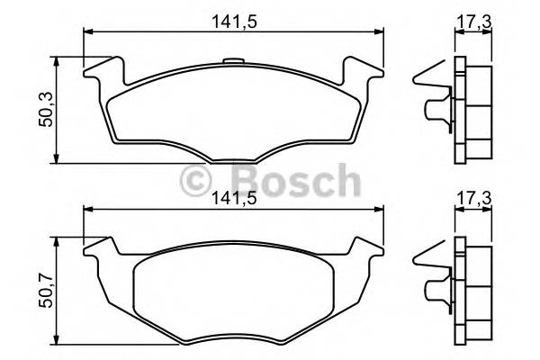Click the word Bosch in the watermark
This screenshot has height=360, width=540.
point(284,180)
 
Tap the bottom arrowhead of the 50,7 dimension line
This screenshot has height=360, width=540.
point(58,342)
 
